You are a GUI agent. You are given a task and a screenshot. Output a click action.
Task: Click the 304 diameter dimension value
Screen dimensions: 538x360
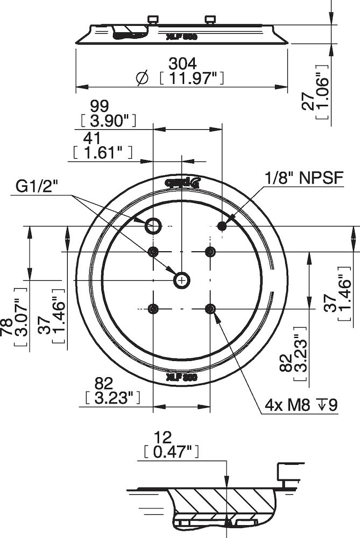181,63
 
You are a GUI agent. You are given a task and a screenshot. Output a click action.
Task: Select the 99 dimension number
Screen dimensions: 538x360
101,104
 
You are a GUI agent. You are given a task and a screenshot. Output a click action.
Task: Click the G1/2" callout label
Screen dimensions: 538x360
37,186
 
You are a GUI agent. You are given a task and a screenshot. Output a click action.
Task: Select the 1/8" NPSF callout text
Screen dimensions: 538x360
303,178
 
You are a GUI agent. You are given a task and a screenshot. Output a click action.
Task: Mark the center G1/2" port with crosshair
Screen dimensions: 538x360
182,280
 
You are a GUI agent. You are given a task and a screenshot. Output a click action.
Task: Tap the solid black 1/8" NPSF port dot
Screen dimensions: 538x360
222,226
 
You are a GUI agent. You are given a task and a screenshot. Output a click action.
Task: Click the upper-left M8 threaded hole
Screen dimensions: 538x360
154,251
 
